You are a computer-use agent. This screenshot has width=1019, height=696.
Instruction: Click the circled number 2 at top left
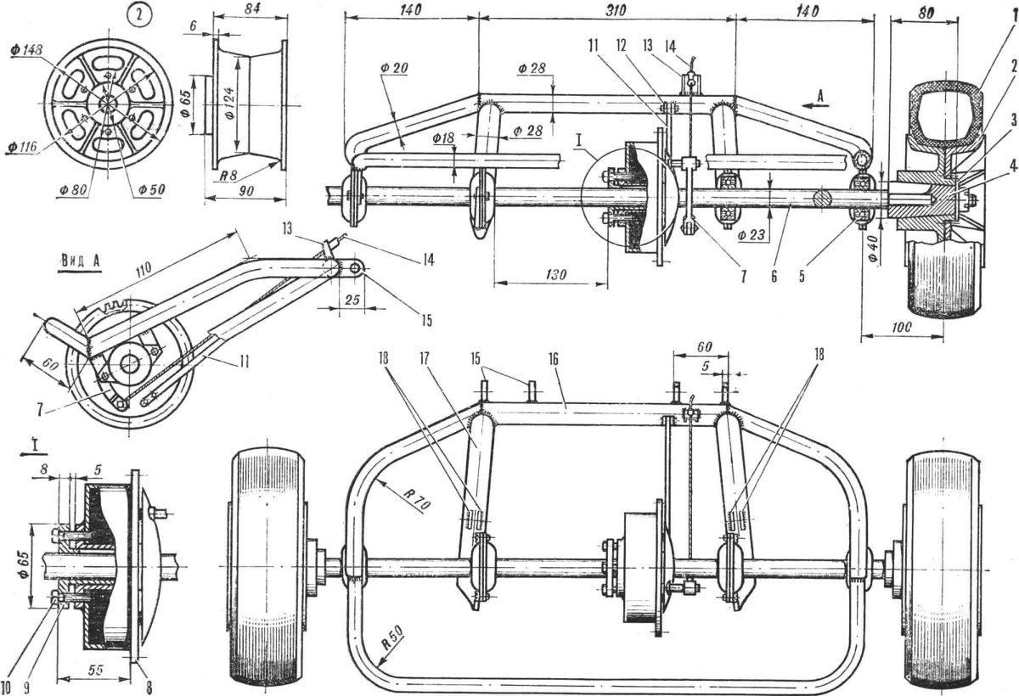pyautogui.click(x=139, y=16)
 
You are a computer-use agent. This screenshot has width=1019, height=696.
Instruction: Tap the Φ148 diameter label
pyautogui.click(x=26, y=50)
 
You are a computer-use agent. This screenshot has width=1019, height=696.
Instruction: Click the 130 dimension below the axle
pyautogui.click(x=555, y=274)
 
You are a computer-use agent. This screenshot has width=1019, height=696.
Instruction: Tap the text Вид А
pyautogui.click(x=80, y=261)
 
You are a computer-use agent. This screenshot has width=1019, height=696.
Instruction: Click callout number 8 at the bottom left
pyautogui.click(x=149, y=686)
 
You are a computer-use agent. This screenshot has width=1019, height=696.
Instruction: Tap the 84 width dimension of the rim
pyautogui.click(x=251, y=8)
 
